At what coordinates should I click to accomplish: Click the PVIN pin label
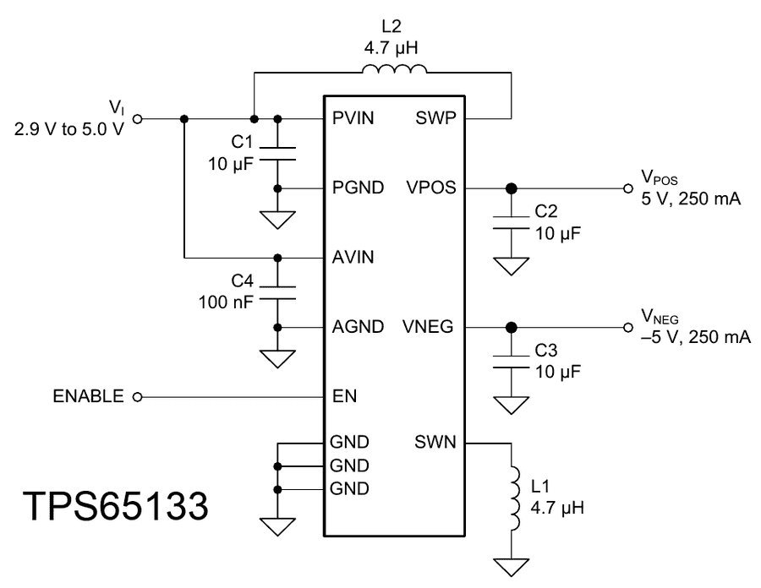click(x=354, y=118)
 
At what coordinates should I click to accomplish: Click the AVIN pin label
click(x=354, y=257)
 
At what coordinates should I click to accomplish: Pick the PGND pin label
click(x=358, y=188)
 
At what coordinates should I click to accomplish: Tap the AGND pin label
click(x=358, y=327)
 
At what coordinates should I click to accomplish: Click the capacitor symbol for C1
click(x=278, y=152)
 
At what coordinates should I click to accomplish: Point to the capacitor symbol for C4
click(x=278, y=291)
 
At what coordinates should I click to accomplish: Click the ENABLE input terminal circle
click(x=137, y=396)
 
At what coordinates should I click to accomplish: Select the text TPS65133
click(x=116, y=506)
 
